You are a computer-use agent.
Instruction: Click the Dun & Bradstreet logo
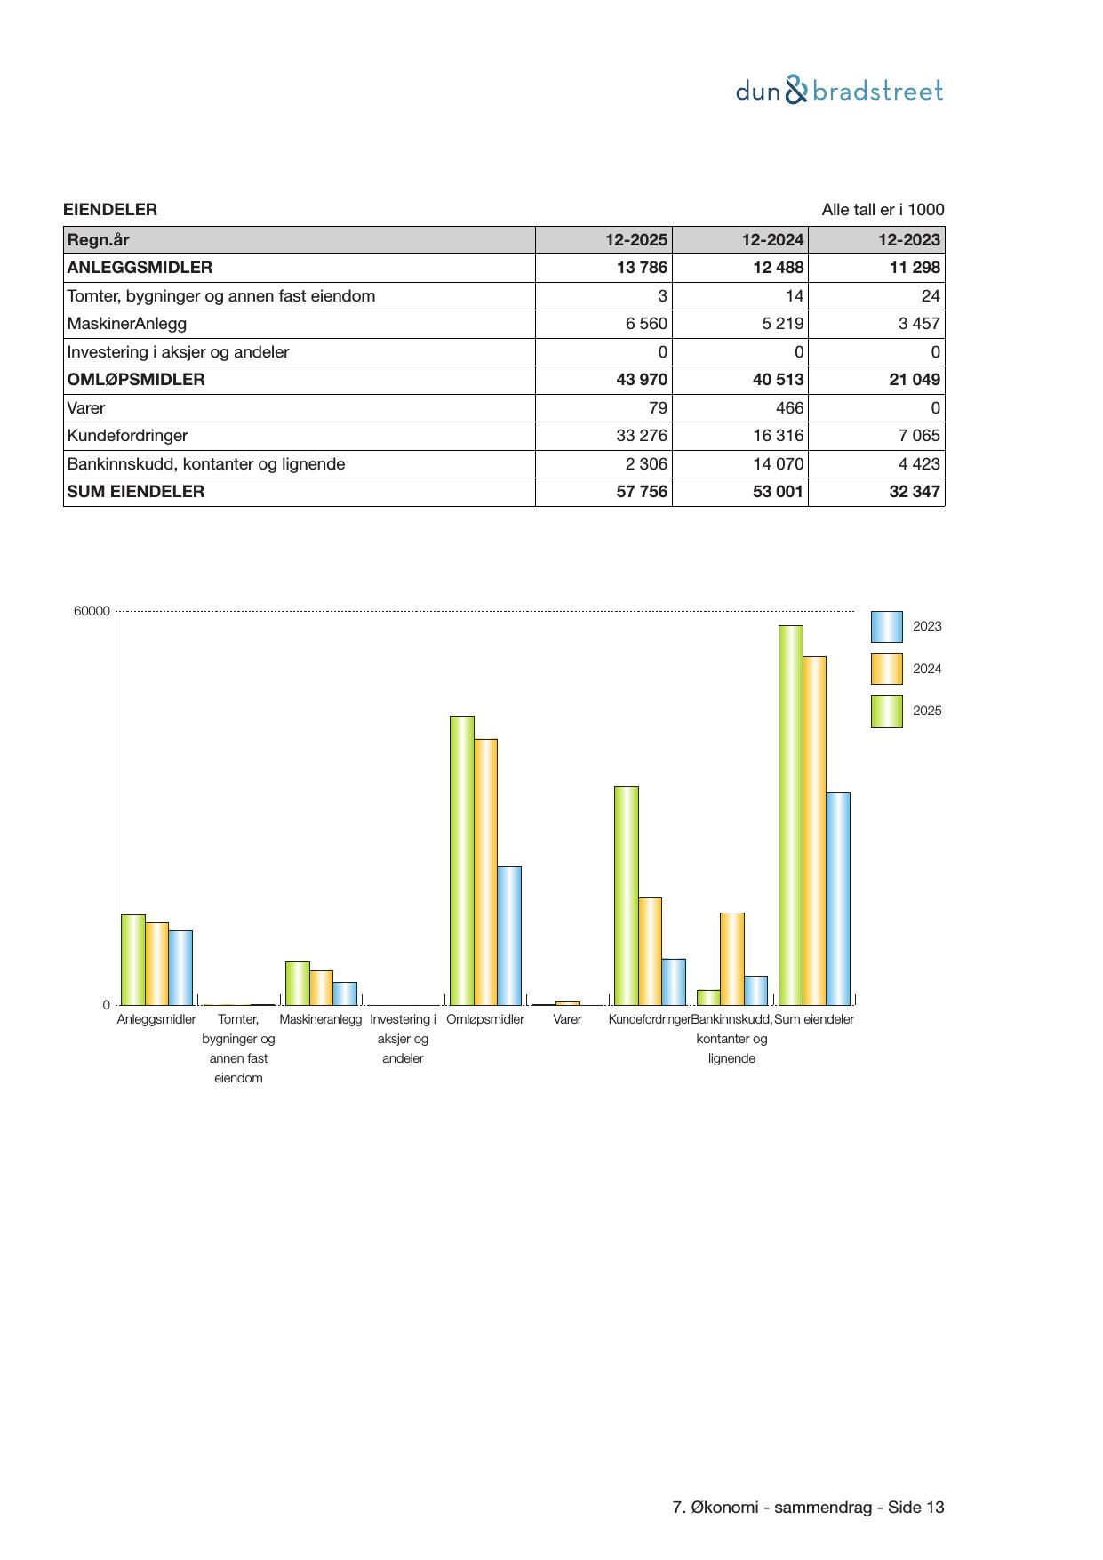coord(839,91)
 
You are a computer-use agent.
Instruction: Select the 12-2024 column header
coord(773,239)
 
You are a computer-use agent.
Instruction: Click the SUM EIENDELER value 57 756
coord(642,492)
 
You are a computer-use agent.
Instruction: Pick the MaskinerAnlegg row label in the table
coord(127,324)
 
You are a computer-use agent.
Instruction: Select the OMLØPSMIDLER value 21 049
coord(915,380)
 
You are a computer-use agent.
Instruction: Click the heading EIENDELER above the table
coord(110,210)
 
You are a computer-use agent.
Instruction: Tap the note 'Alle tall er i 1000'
coord(883,210)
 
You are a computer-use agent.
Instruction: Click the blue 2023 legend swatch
coord(886,627)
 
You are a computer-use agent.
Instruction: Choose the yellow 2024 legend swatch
coord(886,669)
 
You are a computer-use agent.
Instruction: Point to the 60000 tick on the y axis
coord(92,612)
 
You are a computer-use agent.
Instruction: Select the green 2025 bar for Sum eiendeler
coord(790,816)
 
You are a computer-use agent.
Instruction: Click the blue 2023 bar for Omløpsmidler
coord(509,936)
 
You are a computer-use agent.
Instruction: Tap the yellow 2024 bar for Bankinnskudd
coord(732,959)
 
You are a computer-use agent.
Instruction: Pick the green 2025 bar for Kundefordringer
coord(626,896)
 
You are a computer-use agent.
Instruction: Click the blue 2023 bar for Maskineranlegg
coord(345,993)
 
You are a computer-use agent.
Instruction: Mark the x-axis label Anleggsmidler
coord(156,1019)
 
